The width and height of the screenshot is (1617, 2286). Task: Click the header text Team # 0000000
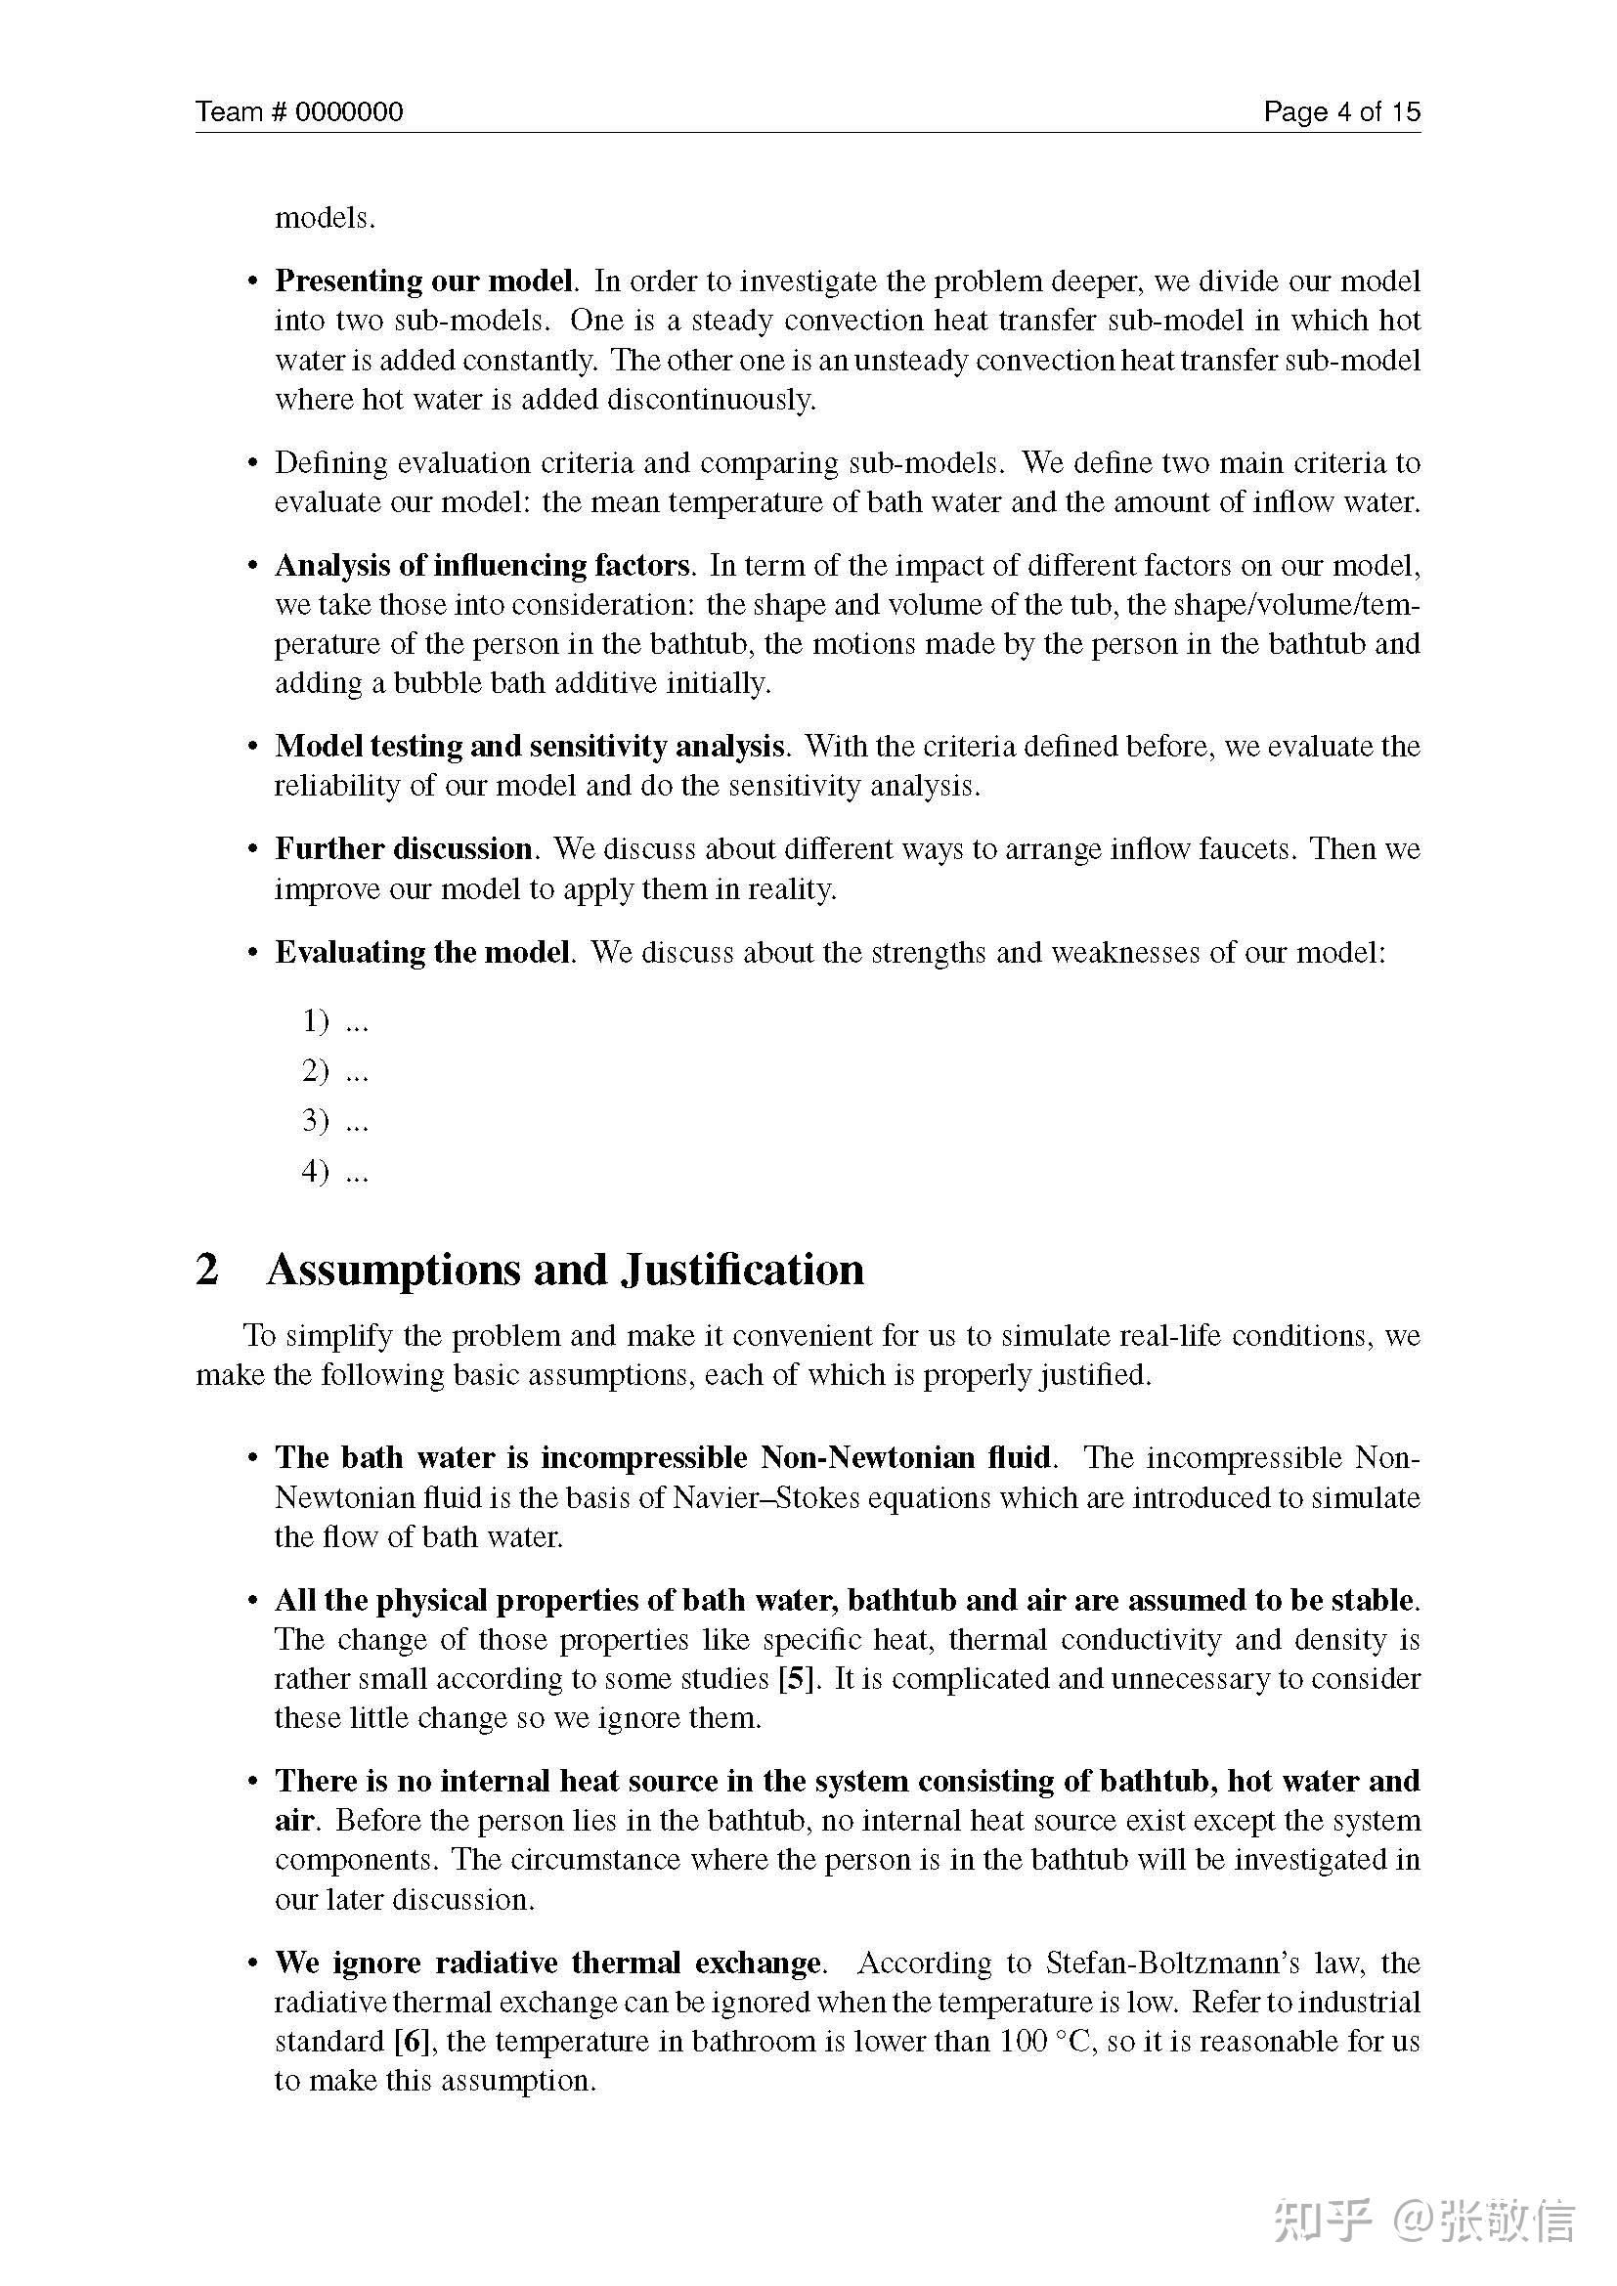click(x=299, y=111)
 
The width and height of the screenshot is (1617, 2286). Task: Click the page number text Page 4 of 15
click(x=1341, y=111)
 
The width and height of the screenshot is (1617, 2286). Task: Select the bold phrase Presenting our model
click(x=424, y=281)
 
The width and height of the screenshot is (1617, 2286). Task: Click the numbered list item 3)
click(x=316, y=1121)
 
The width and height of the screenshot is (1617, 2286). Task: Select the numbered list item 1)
click(x=316, y=1020)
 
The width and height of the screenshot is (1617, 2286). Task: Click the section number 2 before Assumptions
click(x=207, y=1270)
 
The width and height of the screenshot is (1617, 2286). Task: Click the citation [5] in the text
click(x=797, y=1679)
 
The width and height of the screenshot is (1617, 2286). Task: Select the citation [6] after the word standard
click(x=412, y=2041)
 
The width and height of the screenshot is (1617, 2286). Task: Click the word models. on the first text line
click(x=325, y=218)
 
